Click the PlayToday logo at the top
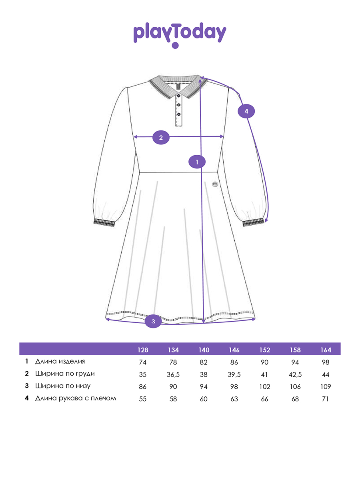click(180, 35)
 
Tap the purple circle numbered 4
click(246, 111)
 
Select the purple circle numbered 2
click(161, 138)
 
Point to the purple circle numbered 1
click(197, 162)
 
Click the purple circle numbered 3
click(153, 321)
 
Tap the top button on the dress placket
click(178, 96)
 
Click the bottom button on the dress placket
click(178, 114)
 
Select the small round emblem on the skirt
click(215, 184)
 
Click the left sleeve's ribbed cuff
click(104, 222)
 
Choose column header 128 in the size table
click(143, 350)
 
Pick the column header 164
click(326, 350)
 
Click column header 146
click(234, 350)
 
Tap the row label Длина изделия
click(60, 362)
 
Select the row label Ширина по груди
click(65, 374)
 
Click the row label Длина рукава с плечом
click(76, 398)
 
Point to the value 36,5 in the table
click(173, 374)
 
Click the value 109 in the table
click(326, 387)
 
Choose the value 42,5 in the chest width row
click(295, 374)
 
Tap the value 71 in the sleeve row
click(326, 399)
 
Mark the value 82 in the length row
click(204, 362)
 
